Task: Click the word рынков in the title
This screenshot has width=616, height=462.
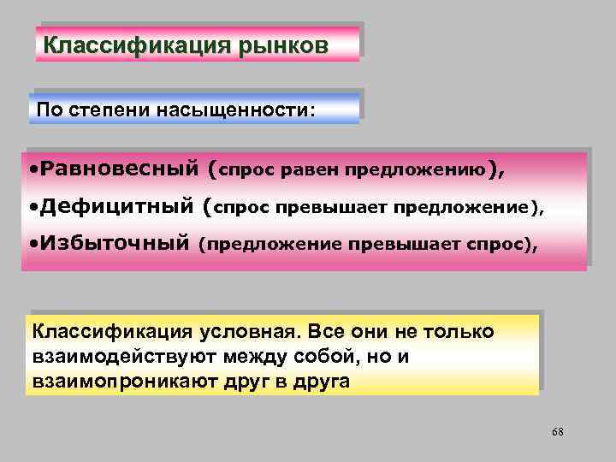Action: (x=286, y=45)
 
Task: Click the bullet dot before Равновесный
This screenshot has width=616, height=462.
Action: (x=32, y=169)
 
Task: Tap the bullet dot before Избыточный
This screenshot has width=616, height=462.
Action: (x=32, y=245)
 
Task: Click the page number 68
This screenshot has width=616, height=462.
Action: (x=557, y=431)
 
